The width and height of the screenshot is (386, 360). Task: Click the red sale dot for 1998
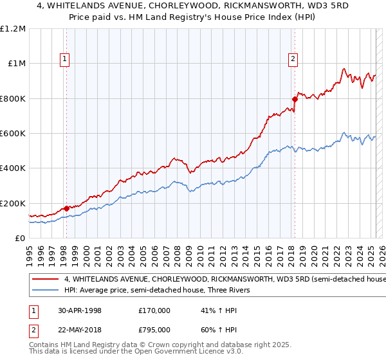[66, 208]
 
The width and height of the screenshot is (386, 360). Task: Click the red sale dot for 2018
[295, 99]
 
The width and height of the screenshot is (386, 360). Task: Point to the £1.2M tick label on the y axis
[13, 29]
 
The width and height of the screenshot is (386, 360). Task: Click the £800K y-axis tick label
[13, 99]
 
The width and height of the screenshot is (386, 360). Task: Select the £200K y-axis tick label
[13, 203]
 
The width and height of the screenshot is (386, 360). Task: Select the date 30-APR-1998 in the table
[78, 310]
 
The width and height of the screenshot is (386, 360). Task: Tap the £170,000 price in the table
[154, 310]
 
